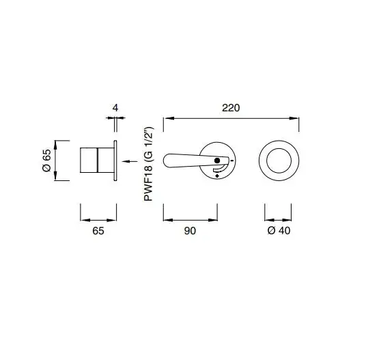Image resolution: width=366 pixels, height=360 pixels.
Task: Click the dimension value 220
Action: coord(231,108)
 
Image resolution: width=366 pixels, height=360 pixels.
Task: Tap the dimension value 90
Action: coord(190,231)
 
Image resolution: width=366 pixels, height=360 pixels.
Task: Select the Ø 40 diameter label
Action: coord(279,231)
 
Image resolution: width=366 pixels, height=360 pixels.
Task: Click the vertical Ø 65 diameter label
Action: coord(47,161)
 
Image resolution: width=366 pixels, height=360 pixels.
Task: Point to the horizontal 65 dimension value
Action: coord(98,231)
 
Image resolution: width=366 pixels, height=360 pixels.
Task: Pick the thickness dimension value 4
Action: coord(115,108)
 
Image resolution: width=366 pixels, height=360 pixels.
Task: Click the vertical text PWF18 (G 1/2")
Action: coord(148,164)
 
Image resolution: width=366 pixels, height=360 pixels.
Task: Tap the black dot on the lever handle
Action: coord(217,161)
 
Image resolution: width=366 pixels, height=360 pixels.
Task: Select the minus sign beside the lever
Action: coord(231,161)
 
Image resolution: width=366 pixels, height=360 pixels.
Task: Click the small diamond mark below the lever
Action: coord(217,176)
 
